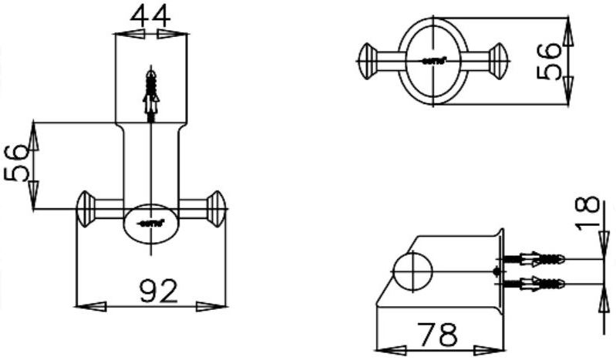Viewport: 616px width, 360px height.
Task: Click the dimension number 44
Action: click(150, 15)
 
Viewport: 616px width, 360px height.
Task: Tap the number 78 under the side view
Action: click(436, 335)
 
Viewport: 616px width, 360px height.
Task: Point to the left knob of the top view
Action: click(369, 59)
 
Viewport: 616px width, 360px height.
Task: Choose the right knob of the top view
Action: click(499, 59)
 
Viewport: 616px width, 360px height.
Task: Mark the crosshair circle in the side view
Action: click(414, 271)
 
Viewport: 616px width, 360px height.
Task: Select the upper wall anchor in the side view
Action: click(534, 259)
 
